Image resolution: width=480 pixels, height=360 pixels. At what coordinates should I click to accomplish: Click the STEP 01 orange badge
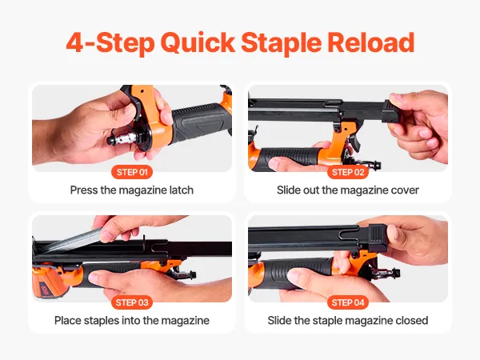132,172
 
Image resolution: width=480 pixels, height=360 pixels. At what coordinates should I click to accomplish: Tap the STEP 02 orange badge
348,172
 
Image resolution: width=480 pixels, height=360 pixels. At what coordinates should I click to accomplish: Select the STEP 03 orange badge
132,302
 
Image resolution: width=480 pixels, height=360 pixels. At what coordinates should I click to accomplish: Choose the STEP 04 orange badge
348,302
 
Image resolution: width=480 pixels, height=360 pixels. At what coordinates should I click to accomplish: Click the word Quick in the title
198,43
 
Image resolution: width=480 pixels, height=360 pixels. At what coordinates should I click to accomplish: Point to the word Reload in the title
371,42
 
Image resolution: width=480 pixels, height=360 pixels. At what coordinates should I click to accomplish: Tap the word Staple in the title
282,43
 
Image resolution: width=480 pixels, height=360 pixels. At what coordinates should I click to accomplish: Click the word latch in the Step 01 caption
182,190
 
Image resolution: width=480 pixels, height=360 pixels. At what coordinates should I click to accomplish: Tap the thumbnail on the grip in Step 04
294,275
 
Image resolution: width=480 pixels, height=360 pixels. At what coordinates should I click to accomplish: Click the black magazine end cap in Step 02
394,112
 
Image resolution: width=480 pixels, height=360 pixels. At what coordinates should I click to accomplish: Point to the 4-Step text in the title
110,43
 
